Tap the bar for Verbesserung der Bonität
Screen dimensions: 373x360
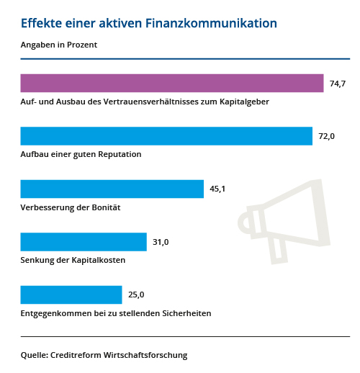(x=112, y=189)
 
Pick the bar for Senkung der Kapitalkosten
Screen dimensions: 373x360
(x=84, y=242)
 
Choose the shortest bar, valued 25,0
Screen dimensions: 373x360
(x=71, y=295)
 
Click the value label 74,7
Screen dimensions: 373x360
(x=338, y=84)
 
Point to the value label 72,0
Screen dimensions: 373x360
(x=327, y=137)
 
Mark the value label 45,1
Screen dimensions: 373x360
(x=217, y=189)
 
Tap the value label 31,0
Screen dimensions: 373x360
(x=161, y=243)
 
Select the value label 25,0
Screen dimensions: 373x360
(x=136, y=295)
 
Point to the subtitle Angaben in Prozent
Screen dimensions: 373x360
(x=59, y=45)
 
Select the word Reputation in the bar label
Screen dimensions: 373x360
(x=118, y=155)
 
